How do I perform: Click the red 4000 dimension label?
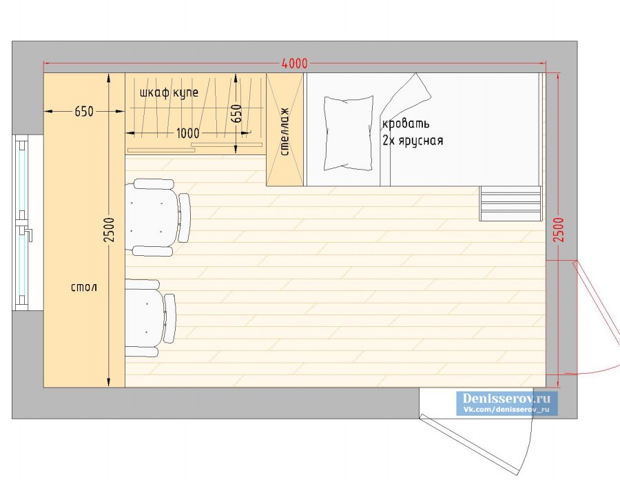click(294, 63)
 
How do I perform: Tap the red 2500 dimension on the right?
click(559, 230)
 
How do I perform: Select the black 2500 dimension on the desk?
click(109, 230)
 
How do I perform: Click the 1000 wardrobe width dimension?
click(187, 133)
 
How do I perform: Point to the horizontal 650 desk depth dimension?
click(84, 112)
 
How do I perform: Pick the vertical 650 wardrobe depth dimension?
click(236, 114)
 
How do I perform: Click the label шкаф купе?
click(169, 92)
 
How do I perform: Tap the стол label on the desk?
click(84, 287)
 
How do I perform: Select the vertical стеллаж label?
click(285, 132)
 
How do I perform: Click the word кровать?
click(406, 124)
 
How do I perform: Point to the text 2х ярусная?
click(413, 141)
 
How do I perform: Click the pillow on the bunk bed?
click(349, 133)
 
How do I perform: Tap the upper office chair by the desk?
click(158, 217)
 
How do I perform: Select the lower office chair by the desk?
click(150, 318)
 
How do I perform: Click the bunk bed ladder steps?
click(510, 203)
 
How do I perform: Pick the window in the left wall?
click(22, 222)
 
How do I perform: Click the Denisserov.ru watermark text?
click(506, 398)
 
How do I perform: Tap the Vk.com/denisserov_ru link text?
click(506, 410)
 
